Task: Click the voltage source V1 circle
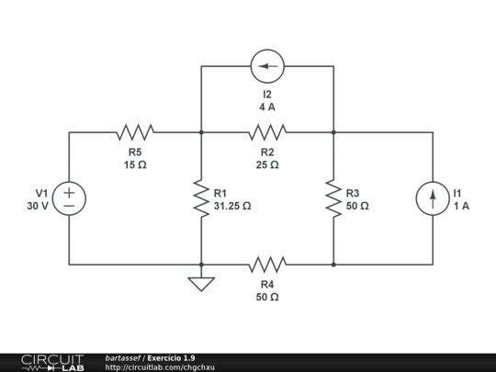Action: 69,199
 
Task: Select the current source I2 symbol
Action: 267,66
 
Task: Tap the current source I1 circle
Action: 433,199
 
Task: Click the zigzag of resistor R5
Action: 135,133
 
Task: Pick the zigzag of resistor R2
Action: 267,133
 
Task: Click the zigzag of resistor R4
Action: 267,265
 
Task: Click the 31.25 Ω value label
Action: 232,207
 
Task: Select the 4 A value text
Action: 267,107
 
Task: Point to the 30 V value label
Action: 38,207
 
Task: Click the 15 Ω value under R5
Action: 135,164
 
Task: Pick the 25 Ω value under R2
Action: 267,164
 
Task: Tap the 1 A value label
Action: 461,207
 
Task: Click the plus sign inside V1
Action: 69,192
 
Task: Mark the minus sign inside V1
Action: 69,208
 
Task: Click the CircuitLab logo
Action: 51,362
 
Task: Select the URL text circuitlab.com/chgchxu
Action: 160,367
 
